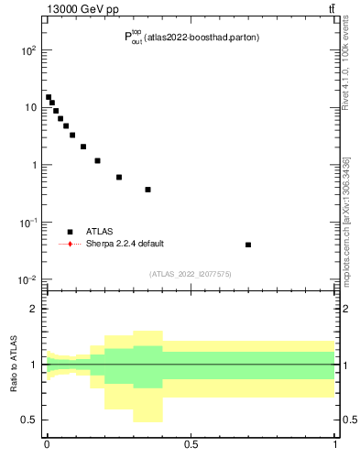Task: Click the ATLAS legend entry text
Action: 100,232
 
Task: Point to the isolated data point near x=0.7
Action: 248,245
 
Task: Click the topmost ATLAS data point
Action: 49,97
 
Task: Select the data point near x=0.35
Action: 147,190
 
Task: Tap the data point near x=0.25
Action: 119,177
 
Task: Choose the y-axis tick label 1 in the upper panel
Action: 33,165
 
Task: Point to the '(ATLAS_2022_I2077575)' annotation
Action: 191,274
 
